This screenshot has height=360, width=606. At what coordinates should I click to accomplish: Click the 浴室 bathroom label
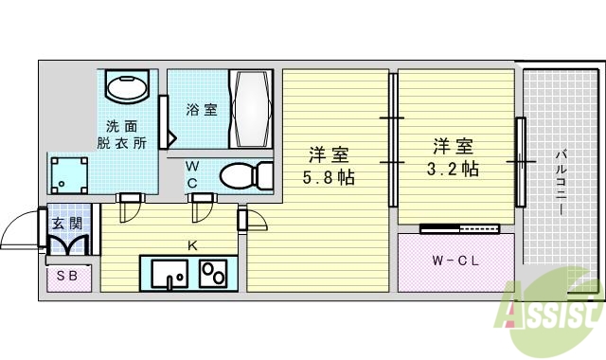[201, 110]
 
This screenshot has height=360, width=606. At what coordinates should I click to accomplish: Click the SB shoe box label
[67, 277]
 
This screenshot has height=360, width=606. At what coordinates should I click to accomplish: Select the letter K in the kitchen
[192, 245]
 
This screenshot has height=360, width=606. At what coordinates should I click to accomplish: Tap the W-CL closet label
[454, 261]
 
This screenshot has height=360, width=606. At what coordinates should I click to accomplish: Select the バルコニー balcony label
[561, 180]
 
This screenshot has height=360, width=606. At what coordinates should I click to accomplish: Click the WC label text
[192, 174]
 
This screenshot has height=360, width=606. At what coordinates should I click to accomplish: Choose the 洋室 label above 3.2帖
[453, 146]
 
